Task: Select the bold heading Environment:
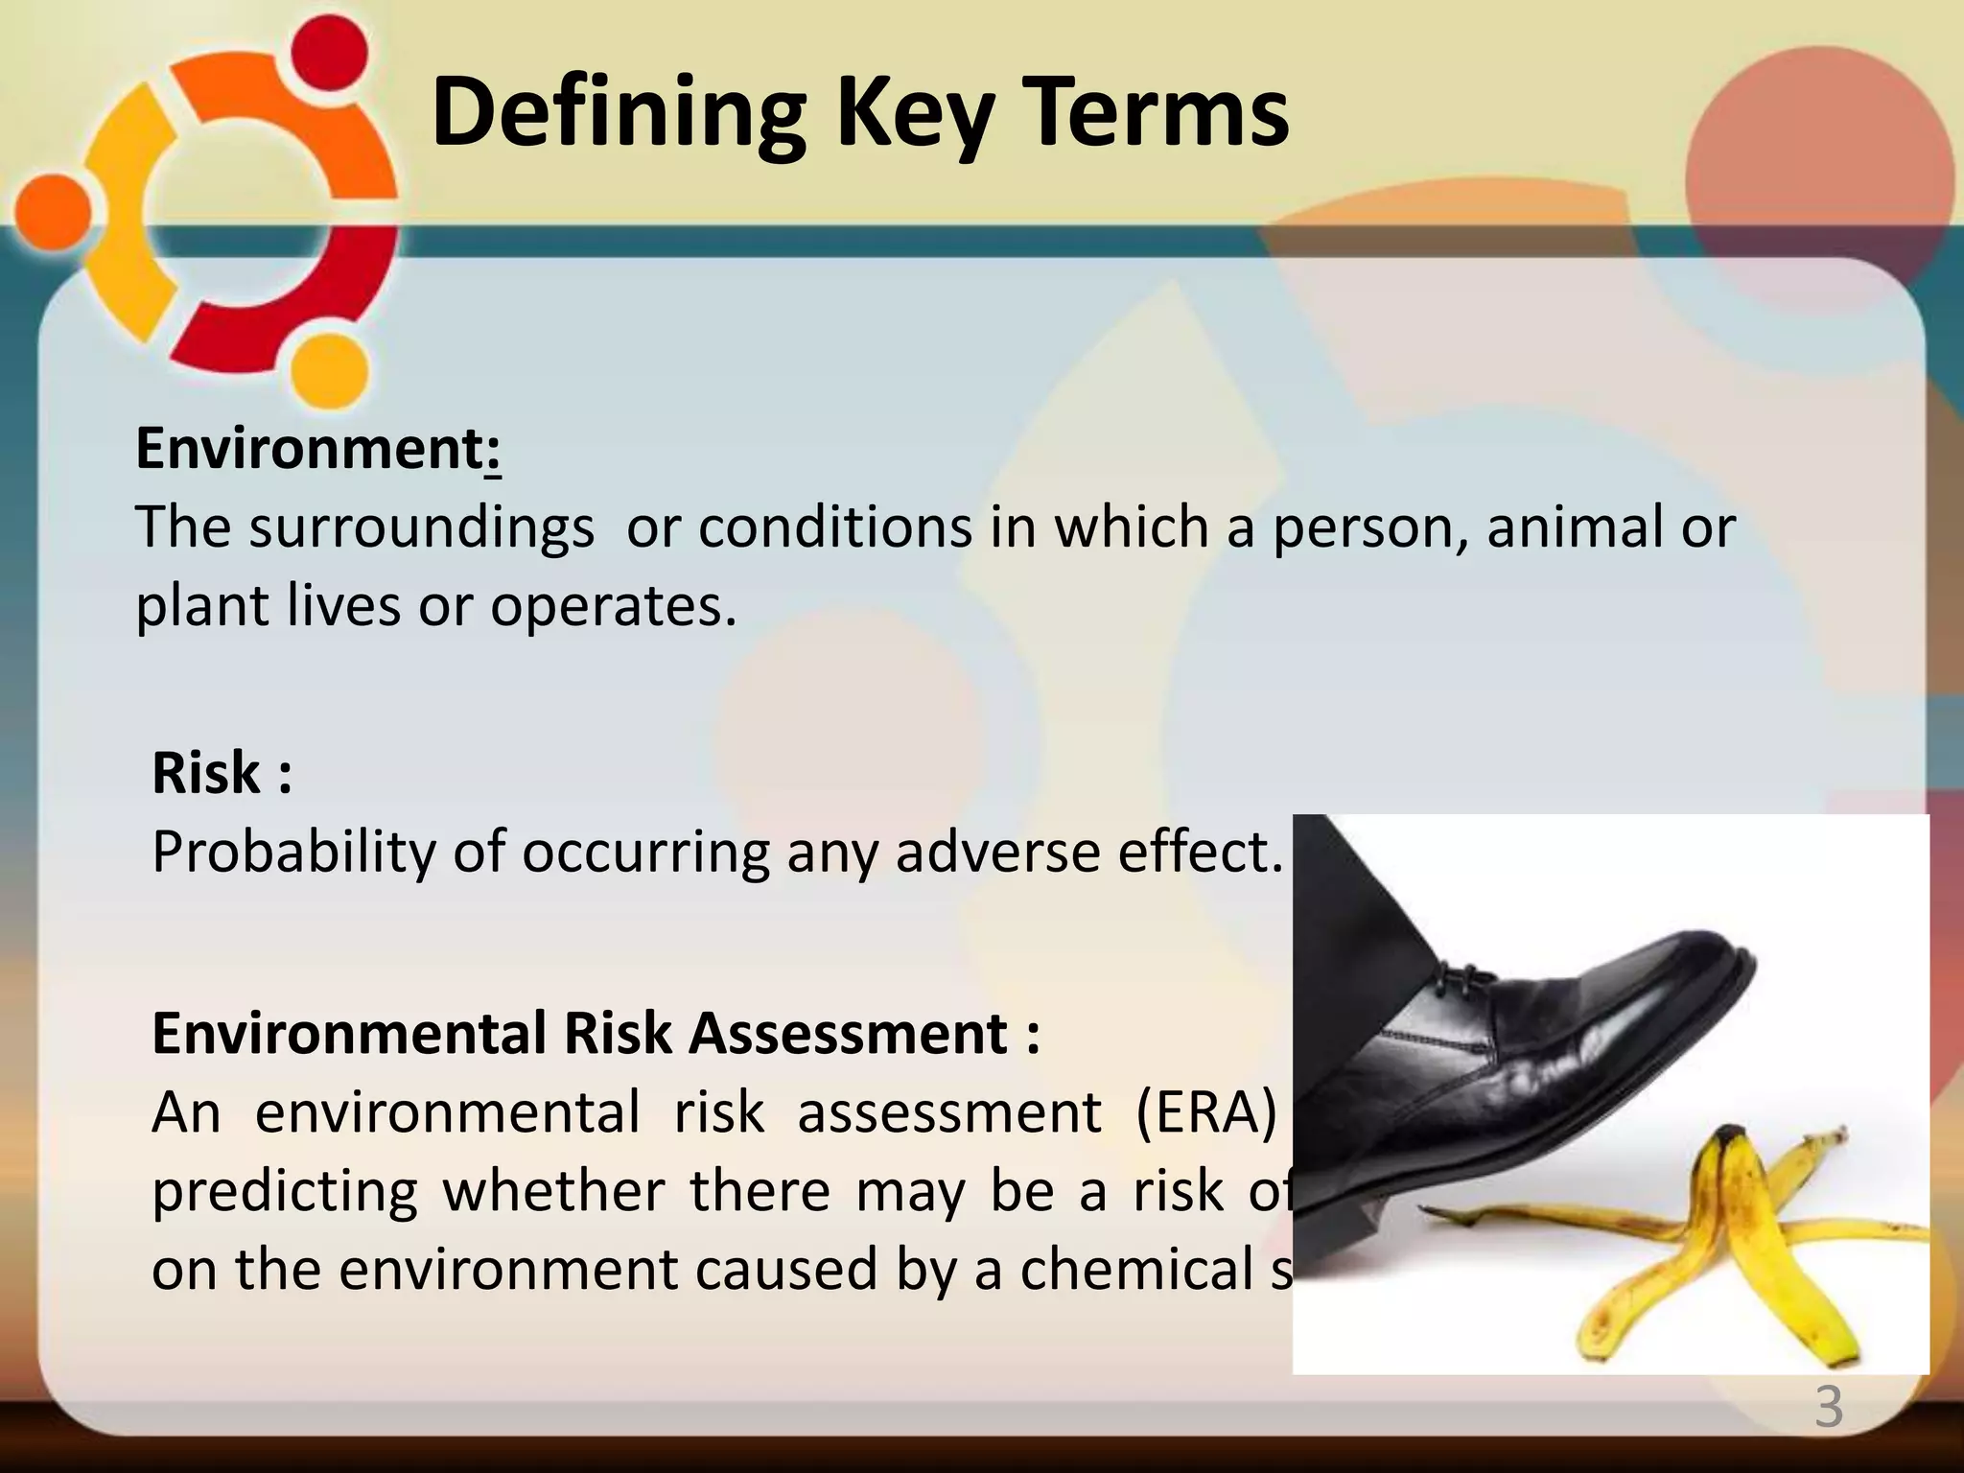coord(318,448)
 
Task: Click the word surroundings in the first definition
coord(421,528)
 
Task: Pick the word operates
coord(613,607)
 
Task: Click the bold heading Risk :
coord(222,773)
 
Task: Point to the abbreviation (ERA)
coord(1207,1113)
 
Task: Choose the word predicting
coord(285,1192)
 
